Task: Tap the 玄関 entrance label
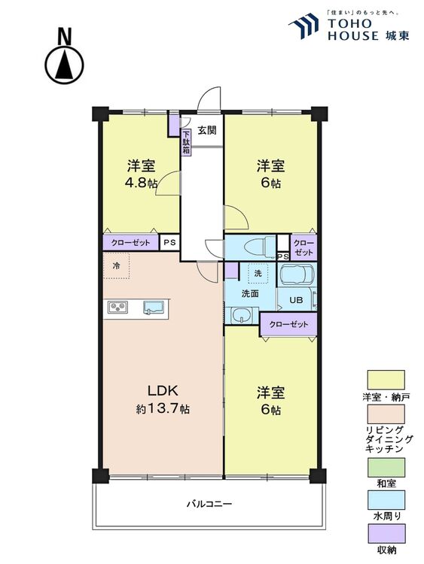coord(207,130)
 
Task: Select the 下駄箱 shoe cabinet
coord(186,143)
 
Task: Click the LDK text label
coord(162,391)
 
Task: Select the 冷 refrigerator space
coord(117,266)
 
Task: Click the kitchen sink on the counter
coord(154,307)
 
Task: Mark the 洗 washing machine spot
coord(258,272)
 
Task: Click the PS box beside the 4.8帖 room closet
coord(169,243)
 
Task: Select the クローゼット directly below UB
coord(288,324)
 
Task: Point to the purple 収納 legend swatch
coord(386,535)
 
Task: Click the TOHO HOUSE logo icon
coord(304,27)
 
